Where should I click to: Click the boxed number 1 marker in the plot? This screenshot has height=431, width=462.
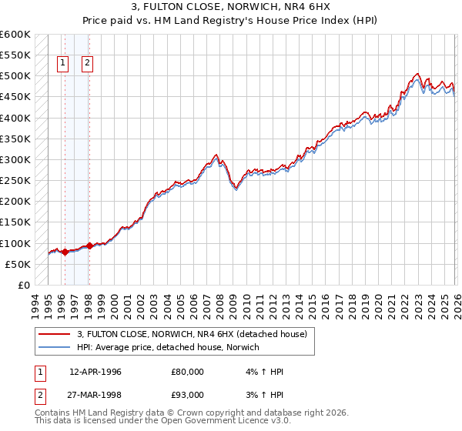pos(62,64)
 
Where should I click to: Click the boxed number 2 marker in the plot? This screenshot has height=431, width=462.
pos(87,64)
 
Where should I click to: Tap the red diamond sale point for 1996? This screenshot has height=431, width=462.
pos(65,252)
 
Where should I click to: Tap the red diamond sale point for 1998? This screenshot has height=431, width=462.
pos(89,246)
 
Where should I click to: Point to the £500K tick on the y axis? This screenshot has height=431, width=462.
pos(15,76)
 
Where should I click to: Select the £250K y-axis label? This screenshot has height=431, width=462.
pos(15,181)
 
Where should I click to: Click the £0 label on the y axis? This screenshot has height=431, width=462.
pos(23,286)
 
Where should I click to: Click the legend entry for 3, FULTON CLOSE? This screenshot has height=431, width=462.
pos(192,334)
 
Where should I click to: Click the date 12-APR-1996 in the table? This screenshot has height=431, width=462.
pos(96,371)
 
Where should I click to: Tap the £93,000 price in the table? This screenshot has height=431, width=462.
pos(188,396)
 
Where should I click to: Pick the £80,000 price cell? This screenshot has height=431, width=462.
pos(188,371)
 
